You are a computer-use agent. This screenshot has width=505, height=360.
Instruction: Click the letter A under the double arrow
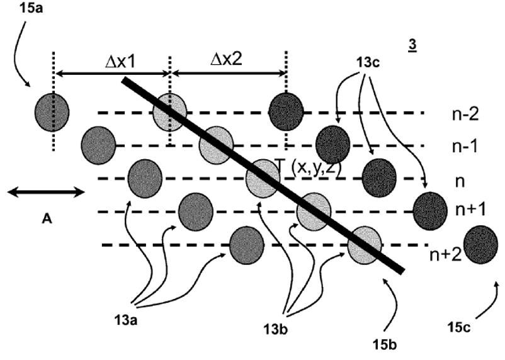click(46, 218)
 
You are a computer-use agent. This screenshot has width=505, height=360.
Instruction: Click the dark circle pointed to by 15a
click(52, 112)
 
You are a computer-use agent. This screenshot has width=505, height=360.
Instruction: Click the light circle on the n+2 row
click(365, 245)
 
